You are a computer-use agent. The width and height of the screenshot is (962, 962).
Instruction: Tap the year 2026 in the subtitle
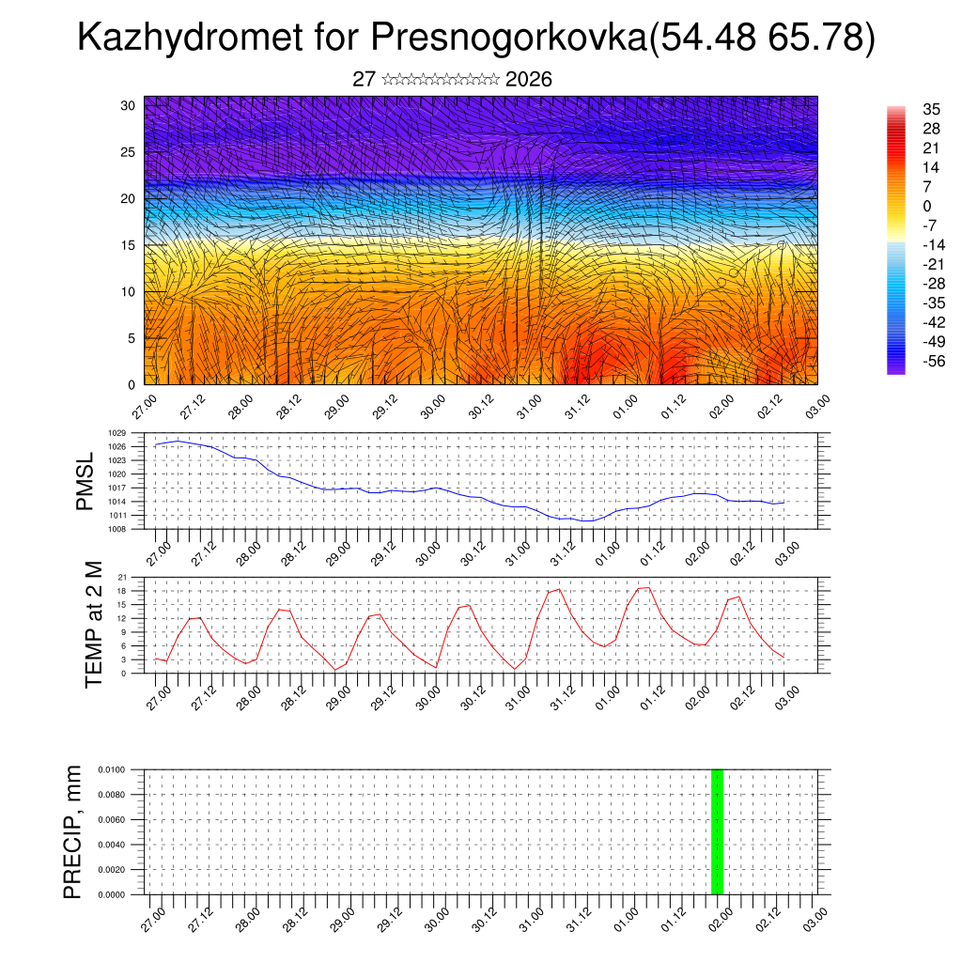pos(528,80)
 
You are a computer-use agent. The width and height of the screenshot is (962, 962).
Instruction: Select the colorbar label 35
pos(932,110)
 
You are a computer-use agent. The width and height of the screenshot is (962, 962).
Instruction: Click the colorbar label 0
pos(927,207)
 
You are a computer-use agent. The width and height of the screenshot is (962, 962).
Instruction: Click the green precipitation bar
pos(717,831)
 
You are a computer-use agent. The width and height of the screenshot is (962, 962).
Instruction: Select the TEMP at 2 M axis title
pos(93,624)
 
